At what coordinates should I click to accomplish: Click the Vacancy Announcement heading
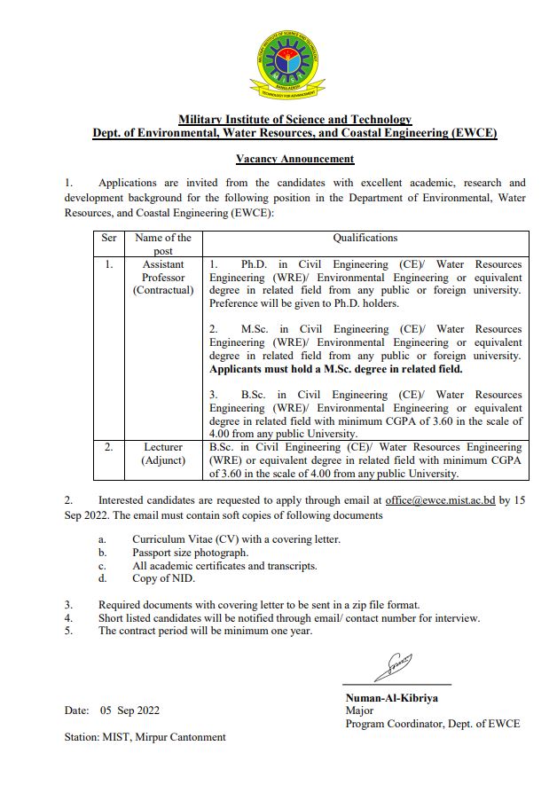click(x=294, y=159)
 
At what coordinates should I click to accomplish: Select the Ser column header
click(x=108, y=238)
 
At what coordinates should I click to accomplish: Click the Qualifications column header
click(x=365, y=238)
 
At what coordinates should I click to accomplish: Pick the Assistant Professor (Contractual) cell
click(x=163, y=277)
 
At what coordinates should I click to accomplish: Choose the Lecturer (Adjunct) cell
click(x=163, y=454)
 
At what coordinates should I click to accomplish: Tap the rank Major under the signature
click(x=359, y=710)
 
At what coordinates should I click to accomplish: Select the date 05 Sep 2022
click(x=129, y=710)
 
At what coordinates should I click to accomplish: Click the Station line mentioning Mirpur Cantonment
click(x=145, y=737)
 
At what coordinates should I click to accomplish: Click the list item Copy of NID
click(x=165, y=579)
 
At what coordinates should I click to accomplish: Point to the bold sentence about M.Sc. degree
click(x=336, y=368)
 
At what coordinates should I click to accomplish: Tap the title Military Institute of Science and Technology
click(x=294, y=120)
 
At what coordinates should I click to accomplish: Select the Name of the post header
click(x=163, y=244)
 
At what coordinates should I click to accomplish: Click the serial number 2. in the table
click(x=108, y=447)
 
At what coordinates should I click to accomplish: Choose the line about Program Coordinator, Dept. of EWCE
click(x=433, y=724)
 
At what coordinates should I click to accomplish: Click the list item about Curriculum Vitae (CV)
click(x=236, y=539)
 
